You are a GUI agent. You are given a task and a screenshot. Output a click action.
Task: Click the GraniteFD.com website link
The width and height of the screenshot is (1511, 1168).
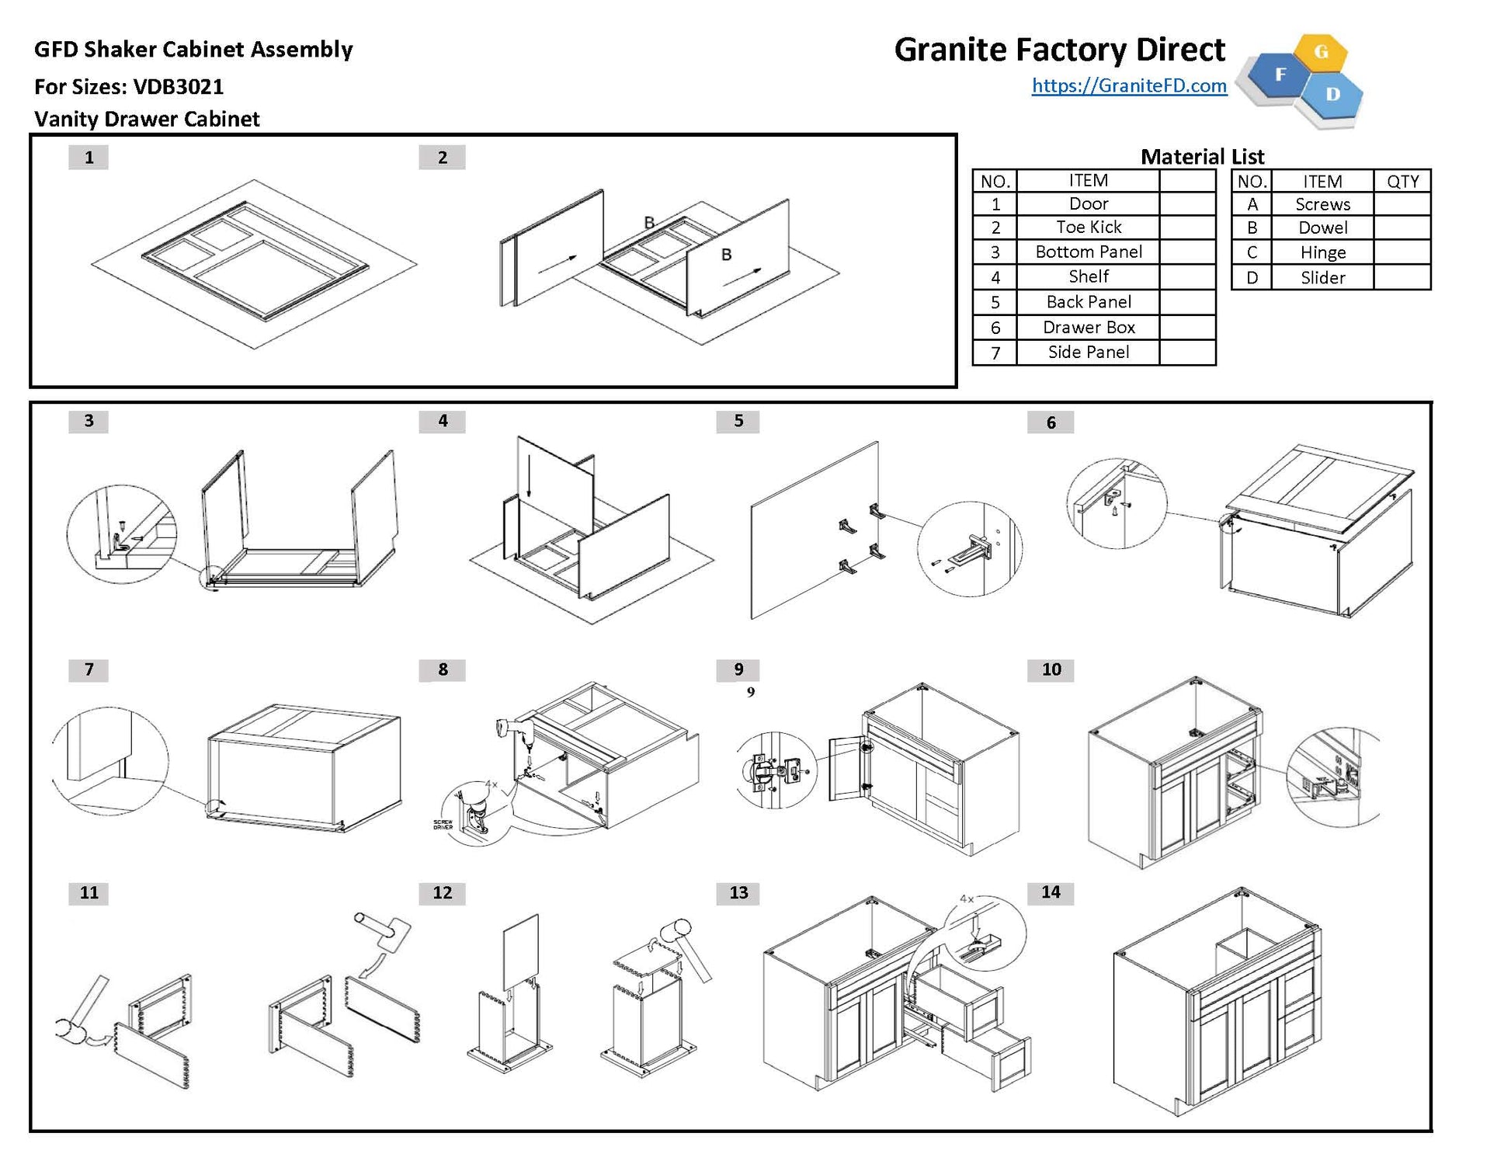point(1129,85)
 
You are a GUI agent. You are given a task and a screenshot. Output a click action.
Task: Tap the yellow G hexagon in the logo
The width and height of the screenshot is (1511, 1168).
point(1321,53)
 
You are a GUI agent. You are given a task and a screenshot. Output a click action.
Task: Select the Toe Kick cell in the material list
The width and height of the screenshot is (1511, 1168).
point(1088,228)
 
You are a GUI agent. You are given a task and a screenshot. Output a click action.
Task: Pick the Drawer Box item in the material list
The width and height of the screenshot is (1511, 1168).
point(1088,328)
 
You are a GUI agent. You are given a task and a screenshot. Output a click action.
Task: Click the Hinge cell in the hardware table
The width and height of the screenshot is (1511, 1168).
point(1322,252)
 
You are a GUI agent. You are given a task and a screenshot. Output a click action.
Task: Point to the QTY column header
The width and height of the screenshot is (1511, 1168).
point(1402,182)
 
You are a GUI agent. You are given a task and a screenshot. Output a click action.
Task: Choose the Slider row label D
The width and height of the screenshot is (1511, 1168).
point(1252,278)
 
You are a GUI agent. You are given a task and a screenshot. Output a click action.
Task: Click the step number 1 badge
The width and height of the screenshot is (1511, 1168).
point(89,158)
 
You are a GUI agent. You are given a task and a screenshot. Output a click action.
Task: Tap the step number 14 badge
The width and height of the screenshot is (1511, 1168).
point(1050,892)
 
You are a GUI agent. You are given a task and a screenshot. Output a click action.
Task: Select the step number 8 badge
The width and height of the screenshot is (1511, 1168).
point(442,669)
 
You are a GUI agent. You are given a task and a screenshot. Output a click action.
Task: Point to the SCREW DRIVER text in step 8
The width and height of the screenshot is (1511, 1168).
point(443,825)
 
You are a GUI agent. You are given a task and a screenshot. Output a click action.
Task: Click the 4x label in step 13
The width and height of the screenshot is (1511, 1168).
point(967,899)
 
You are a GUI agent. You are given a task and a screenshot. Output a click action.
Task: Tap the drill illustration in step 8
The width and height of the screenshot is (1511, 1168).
point(513,730)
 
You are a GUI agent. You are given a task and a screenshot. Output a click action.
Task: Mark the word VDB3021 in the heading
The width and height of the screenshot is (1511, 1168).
point(178,87)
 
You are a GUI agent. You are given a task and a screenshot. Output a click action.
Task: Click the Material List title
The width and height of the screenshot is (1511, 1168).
point(1202,157)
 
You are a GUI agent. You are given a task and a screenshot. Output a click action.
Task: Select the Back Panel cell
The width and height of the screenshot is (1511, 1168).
point(1088,302)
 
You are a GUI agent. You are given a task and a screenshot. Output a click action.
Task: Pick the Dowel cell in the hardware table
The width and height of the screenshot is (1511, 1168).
point(1322,228)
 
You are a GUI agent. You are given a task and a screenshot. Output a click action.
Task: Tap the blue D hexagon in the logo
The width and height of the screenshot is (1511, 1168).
point(1332,95)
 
